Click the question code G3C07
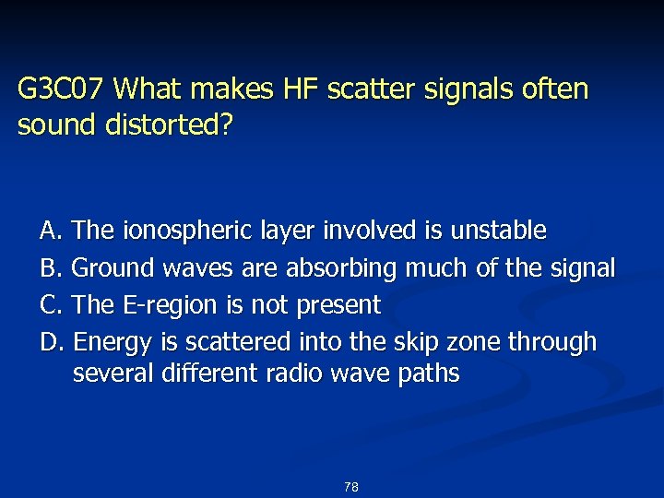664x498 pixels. [x=62, y=89]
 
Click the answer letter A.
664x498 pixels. [x=49, y=230]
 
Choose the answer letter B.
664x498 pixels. [x=49, y=267]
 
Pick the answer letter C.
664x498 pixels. [x=49, y=304]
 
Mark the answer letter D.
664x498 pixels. [x=50, y=342]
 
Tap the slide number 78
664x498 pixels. [x=350, y=487]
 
